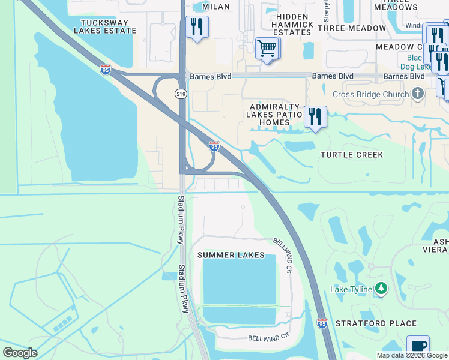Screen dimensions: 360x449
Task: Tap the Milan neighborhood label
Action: (x=216, y=6)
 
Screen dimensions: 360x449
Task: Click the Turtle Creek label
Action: (x=352, y=155)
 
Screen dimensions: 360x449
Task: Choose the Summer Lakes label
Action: (x=231, y=255)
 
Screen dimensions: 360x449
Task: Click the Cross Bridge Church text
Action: (x=372, y=94)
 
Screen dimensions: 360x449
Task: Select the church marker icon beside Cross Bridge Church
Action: (x=418, y=93)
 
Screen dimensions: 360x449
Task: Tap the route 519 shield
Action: (x=181, y=94)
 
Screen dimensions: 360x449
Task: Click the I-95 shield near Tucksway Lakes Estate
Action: (x=105, y=70)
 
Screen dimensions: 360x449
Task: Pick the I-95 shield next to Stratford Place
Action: (x=322, y=323)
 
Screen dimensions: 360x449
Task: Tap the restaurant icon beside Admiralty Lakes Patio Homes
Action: (x=315, y=116)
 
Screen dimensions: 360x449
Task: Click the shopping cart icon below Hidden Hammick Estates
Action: (x=267, y=47)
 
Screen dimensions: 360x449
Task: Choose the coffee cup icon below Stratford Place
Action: (x=418, y=346)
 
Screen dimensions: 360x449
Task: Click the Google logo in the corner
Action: (x=20, y=353)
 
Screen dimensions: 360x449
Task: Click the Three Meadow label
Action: (x=352, y=28)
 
